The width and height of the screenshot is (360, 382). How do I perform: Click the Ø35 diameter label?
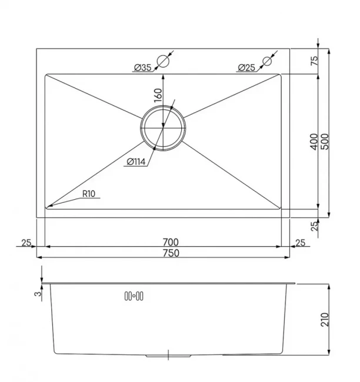point(143,67)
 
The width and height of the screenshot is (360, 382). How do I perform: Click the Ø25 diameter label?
point(246,67)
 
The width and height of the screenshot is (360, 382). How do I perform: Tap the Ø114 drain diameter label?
point(136,162)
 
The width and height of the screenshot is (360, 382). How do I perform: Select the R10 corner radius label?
point(89,194)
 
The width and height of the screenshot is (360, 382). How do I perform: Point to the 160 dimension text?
point(158,95)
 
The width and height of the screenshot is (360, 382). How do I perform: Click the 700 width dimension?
point(171,242)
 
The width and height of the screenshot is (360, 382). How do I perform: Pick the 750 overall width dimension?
point(171,253)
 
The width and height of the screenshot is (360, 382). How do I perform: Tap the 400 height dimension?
point(314,142)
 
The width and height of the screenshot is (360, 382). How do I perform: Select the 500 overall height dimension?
point(325,142)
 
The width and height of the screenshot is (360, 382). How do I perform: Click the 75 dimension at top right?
point(314,61)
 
